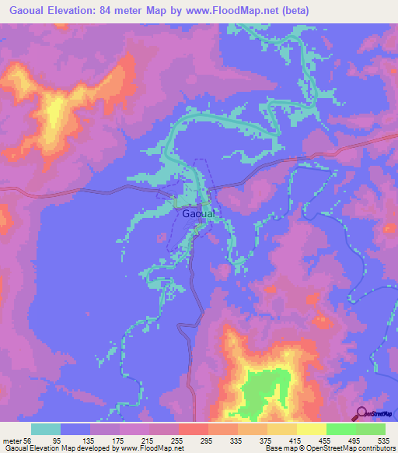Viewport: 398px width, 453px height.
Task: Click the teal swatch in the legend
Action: (x=46, y=429)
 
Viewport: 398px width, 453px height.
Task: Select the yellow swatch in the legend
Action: (x=312, y=429)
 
